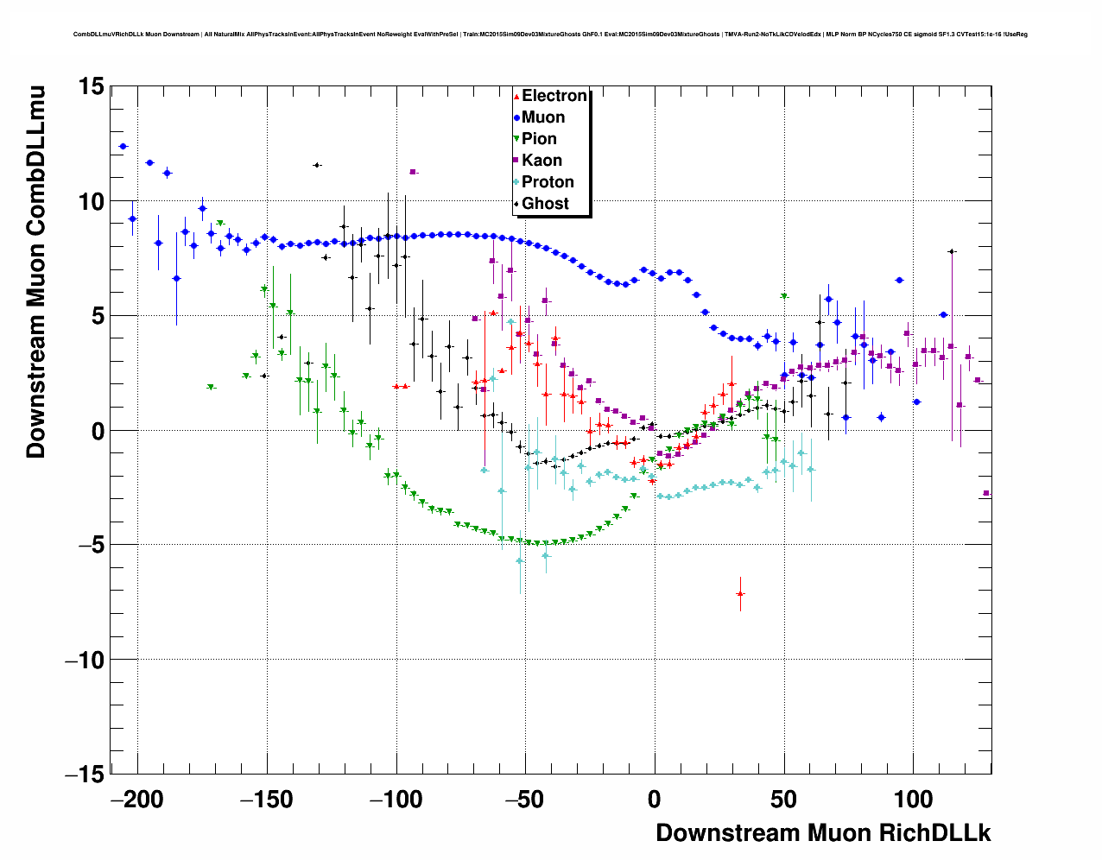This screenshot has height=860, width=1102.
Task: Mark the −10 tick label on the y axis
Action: pos(85,660)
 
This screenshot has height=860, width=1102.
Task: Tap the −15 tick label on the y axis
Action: pos(85,775)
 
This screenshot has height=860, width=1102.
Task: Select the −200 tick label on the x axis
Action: pos(137,800)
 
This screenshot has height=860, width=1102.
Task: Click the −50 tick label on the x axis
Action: pos(525,800)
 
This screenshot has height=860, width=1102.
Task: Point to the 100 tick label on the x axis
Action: pos(913,800)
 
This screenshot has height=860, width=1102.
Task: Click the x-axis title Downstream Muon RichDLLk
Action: pos(823,833)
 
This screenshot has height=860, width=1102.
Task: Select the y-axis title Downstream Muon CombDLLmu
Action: pos(36,271)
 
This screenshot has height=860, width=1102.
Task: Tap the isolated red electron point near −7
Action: pos(740,594)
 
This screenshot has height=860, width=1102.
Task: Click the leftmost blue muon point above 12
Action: pos(123,147)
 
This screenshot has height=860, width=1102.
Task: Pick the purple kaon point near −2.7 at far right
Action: pos(986,493)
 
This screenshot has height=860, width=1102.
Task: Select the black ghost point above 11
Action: pos(317,165)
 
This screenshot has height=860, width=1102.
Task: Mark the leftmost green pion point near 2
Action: pos(211,388)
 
